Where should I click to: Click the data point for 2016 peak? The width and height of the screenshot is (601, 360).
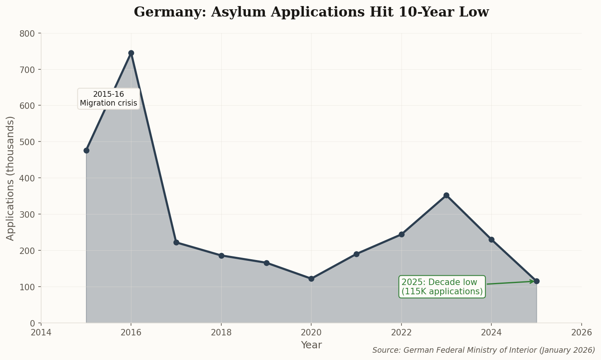pyautogui.click(x=131, y=53)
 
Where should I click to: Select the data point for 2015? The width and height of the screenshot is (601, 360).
pyautogui.click(x=86, y=150)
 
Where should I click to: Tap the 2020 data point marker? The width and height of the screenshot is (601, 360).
pyautogui.click(x=311, y=279)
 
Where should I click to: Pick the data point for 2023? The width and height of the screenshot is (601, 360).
pyautogui.click(x=446, y=196)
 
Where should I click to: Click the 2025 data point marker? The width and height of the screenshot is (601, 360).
pyautogui.click(x=537, y=281)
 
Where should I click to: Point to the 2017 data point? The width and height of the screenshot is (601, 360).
pyautogui.click(x=176, y=242)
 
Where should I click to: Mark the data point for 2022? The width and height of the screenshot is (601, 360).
pyautogui.click(x=401, y=234)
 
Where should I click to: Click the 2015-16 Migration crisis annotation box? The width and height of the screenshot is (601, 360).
pyautogui.click(x=108, y=98)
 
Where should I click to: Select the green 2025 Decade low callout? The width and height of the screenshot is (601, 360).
pyautogui.click(x=442, y=287)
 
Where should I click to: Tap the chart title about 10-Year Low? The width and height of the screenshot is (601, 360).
pyautogui.click(x=311, y=12)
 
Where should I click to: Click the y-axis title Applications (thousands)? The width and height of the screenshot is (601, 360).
pyautogui.click(x=10, y=178)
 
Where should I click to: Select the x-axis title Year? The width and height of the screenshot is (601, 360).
pyautogui.click(x=311, y=345)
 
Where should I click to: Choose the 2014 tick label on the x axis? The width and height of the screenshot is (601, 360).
pyautogui.click(x=41, y=333)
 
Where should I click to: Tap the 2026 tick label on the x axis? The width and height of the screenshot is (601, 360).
pyautogui.click(x=581, y=333)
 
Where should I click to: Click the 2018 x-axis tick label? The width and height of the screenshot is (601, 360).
pyautogui.click(x=221, y=333)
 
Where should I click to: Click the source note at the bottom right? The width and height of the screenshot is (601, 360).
pyautogui.click(x=483, y=350)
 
